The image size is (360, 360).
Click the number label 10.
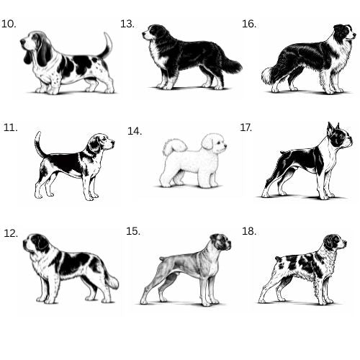click(x=9, y=24)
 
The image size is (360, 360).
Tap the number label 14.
click(x=135, y=131)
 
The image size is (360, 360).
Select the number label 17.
click(x=246, y=127)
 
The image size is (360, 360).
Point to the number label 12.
click(x=11, y=233)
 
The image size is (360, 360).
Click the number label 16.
click(x=249, y=24)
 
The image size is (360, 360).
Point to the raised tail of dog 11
click(x=39, y=143)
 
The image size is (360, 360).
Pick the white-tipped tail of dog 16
click(x=268, y=75)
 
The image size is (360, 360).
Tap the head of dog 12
click(x=35, y=243)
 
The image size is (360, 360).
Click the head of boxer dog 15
click(x=221, y=242)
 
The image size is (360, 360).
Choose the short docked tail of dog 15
click(x=163, y=258)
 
